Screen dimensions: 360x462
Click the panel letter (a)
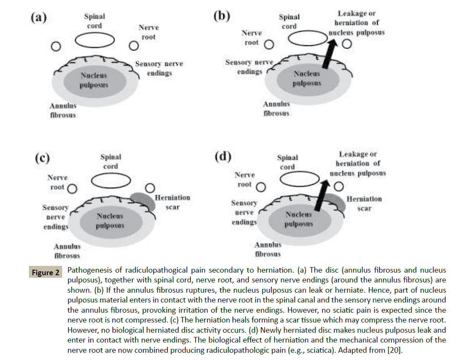click(38, 18)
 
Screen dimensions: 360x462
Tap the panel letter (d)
click(222, 157)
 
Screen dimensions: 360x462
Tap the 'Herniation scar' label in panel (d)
click(364, 204)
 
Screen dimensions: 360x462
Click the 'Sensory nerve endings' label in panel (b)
click(249, 67)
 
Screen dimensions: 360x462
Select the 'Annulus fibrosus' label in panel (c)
click(67, 251)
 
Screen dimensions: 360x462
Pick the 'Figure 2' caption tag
click(46, 272)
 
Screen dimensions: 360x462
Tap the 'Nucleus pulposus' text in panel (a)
click(94, 80)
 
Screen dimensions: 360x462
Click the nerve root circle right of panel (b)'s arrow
click(348, 44)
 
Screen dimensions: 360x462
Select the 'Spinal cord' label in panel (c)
click(111, 161)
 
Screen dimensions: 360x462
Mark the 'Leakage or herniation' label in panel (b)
click(357, 23)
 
